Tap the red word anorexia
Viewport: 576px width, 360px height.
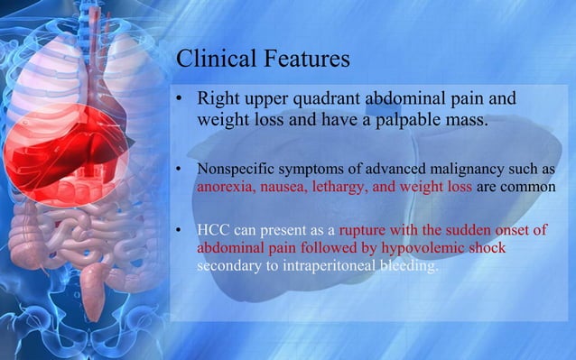[x=227, y=188]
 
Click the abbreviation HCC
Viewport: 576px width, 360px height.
[x=213, y=229]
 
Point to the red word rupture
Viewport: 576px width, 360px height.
[x=366, y=229]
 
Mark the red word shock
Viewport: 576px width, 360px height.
[x=486, y=247]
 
